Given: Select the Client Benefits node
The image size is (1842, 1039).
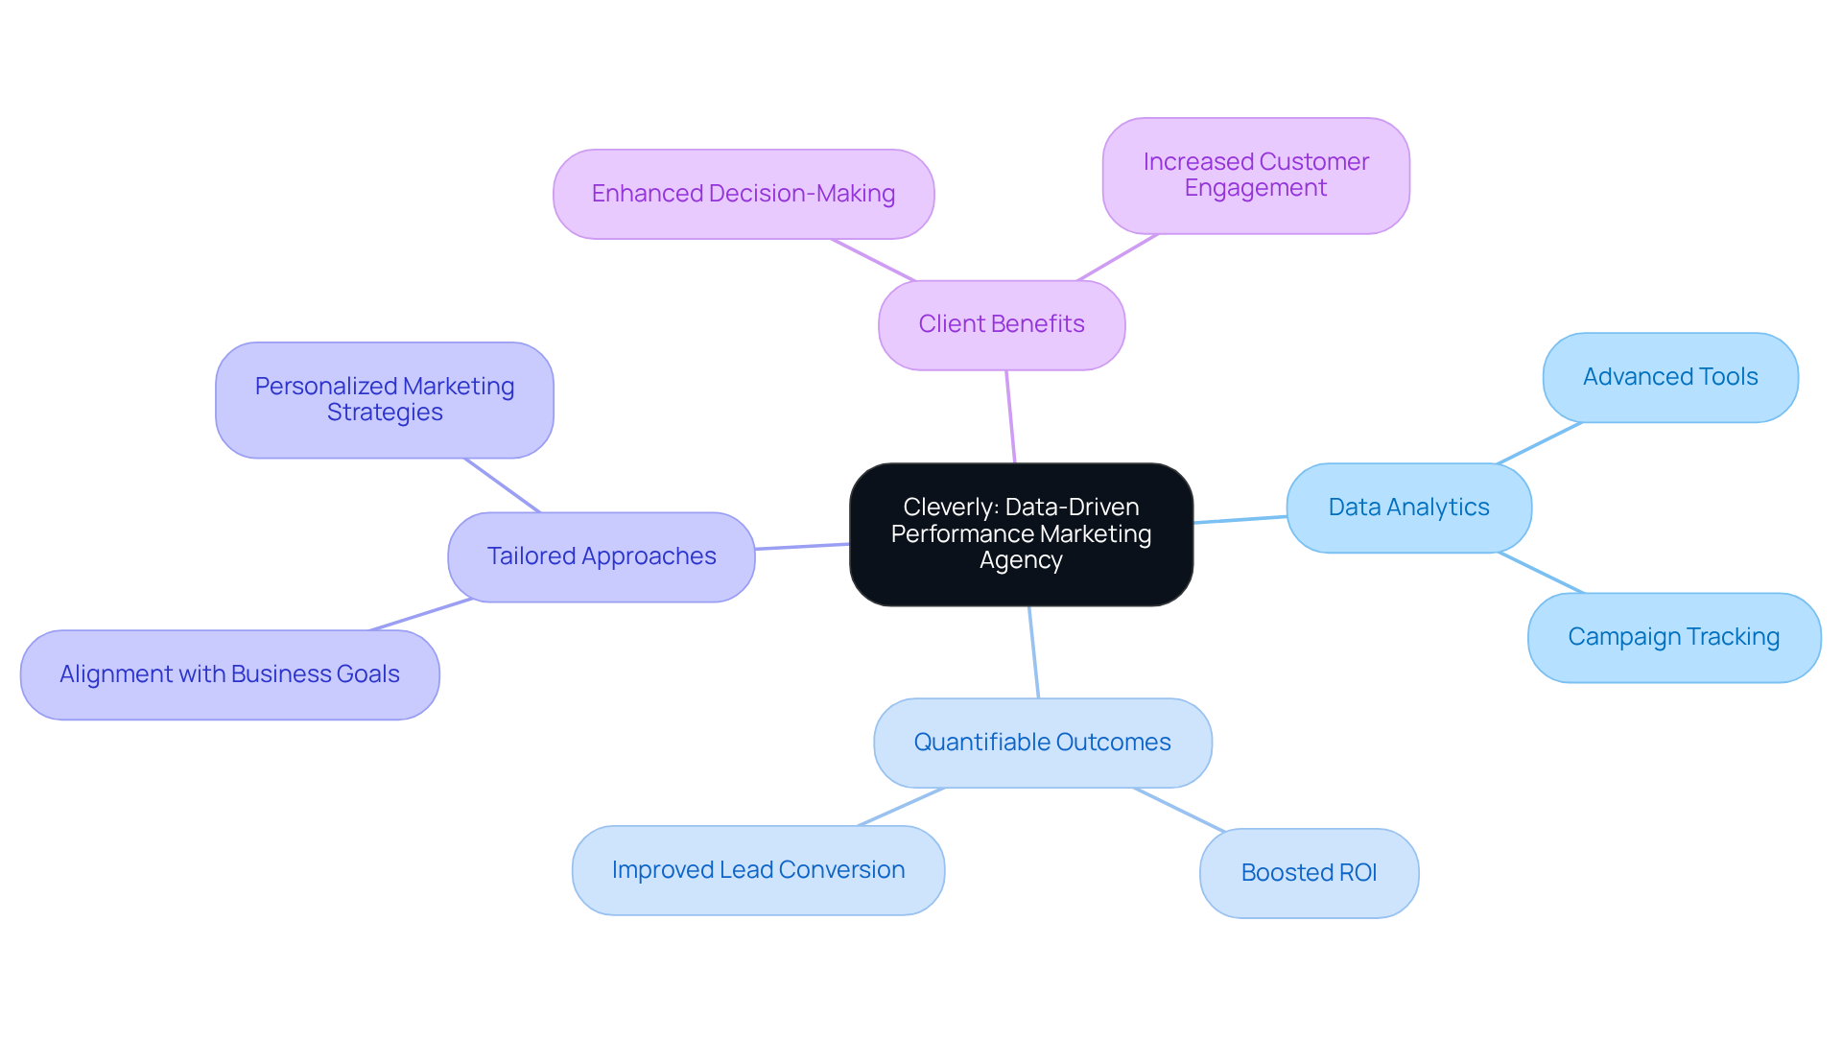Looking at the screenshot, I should pos(1001,324).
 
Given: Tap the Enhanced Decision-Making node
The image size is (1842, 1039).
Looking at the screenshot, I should pos(744,194).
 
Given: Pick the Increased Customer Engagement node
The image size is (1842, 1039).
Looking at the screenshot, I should pos(1255,176).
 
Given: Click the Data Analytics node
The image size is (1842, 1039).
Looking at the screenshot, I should pos(1407,508).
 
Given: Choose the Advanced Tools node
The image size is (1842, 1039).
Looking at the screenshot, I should pos(1669,377).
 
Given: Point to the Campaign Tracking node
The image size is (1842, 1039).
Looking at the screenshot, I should pos(1673,637).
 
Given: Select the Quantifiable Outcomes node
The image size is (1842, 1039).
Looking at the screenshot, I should pos(1042,743).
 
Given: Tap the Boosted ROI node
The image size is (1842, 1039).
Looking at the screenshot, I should pos(1309,873).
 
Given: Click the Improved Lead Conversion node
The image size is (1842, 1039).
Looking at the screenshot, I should pos(758,870).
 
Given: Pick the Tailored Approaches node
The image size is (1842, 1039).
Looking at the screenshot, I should pos(601,556).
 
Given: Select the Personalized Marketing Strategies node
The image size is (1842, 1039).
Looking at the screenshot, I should pos(384,399).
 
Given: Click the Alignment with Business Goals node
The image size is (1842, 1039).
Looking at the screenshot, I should pos(229,674).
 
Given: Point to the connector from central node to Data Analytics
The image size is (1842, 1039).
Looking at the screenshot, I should pos(1240,519).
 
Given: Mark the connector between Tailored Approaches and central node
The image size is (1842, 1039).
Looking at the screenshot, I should pos(802,546).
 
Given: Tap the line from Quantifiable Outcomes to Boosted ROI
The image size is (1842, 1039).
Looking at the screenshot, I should pos(1179,809).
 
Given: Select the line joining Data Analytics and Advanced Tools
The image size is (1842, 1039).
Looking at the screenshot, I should pos(1539,443).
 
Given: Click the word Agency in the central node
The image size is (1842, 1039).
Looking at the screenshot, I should pos(1021,560).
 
